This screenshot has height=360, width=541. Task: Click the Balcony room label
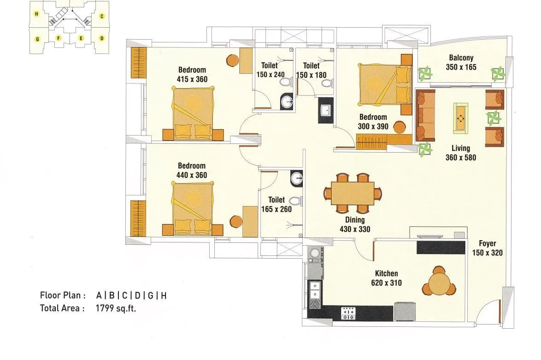coord(461,58)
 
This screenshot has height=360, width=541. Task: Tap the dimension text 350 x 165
coord(461,67)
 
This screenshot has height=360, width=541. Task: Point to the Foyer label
coord(487,244)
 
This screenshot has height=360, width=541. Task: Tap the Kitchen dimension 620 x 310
coord(386,283)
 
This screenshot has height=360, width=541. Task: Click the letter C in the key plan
coord(102,16)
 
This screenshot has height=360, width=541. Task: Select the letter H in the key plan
coord(36,14)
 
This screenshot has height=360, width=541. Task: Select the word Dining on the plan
coord(355,220)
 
